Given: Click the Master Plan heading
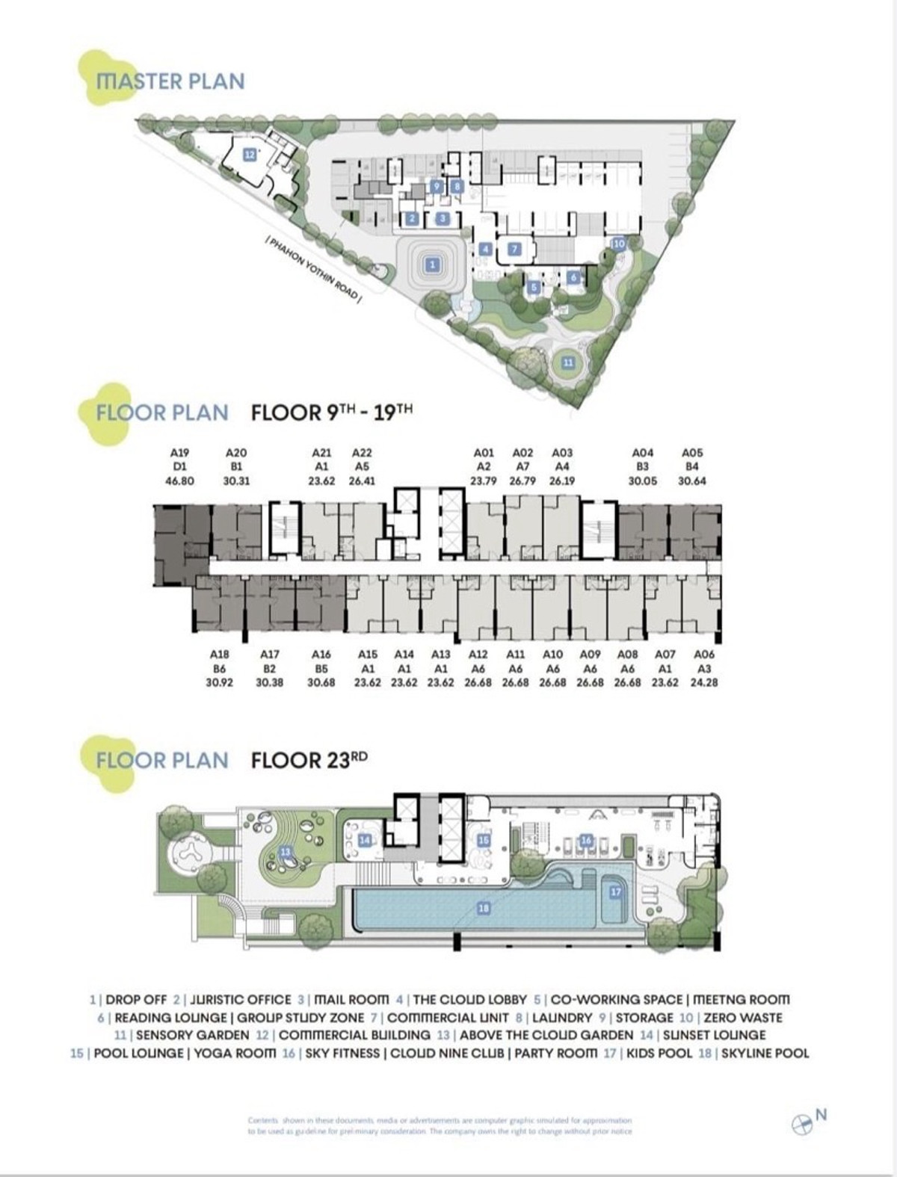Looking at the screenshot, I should pyautogui.click(x=170, y=81).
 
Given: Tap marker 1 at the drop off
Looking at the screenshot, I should pyautogui.click(x=431, y=264).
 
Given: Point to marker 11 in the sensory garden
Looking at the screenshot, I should pyautogui.click(x=568, y=362).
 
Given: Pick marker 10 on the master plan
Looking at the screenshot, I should pyautogui.click(x=618, y=244).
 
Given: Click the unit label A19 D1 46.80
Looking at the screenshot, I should pyautogui.click(x=179, y=467).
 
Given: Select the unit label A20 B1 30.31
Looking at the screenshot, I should pyautogui.click(x=236, y=467).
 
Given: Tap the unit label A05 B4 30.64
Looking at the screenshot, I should pyautogui.click(x=692, y=467).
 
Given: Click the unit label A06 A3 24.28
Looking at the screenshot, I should pyautogui.click(x=703, y=668).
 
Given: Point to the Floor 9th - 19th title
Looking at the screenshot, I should pyautogui.click(x=332, y=413).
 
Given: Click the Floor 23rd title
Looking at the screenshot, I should pyautogui.click(x=309, y=761).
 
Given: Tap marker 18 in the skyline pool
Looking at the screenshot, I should pyautogui.click(x=484, y=908).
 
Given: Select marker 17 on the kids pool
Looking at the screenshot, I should pyautogui.click(x=616, y=892).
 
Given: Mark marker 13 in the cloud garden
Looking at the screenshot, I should pyautogui.click(x=285, y=852).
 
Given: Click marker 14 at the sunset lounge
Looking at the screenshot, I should pyautogui.click(x=365, y=840).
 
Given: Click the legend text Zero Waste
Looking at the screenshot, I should pyautogui.click(x=743, y=1018).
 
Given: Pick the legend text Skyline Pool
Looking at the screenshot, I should pyautogui.click(x=765, y=1054).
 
